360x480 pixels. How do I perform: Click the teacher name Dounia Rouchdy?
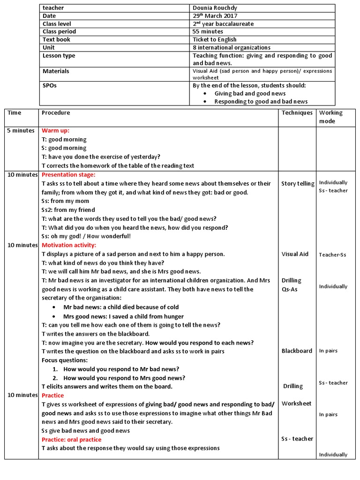pyautogui.click(x=215, y=8)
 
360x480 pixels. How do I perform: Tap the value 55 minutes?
pyautogui.click(x=208, y=32)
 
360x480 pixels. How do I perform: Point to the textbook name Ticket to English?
pyautogui.click(x=215, y=40)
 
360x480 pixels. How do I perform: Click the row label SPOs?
pyautogui.click(x=50, y=86)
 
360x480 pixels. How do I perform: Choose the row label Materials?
pyautogui.click(x=56, y=71)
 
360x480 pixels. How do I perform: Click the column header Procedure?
pyautogui.click(x=56, y=113)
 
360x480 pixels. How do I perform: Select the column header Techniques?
pyautogui.click(x=297, y=113)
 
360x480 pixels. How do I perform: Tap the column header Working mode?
pyautogui.click(x=330, y=117)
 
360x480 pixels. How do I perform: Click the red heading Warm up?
pyautogui.click(x=55, y=131)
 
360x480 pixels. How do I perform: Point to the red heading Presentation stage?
pyautogui.click(x=68, y=175)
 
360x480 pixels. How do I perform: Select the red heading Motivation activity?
pyautogui.click(x=69, y=245)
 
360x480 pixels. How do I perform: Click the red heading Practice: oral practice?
pyautogui.click(x=71, y=440)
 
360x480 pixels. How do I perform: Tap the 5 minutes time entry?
pyautogui.click(x=21, y=131)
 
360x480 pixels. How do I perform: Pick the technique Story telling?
pyautogui.click(x=298, y=184)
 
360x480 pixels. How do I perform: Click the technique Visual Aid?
pyautogui.click(x=295, y=254)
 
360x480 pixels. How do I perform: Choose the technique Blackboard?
pyautogui.click(x=297, y=351)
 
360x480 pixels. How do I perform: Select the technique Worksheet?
pyautogui.click(x=296, y=404)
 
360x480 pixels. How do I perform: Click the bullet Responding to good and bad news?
pyautogui.click(x=261, y=102)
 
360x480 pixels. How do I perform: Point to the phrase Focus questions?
pyautogui.click(x=65, y=360)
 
